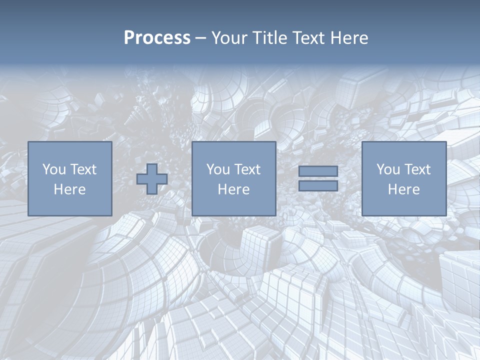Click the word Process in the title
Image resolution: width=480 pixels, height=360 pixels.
click(x=157, y=38)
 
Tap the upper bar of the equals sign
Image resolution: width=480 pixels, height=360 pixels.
click(x=318, y=171)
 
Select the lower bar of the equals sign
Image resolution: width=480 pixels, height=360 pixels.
click(x=318, y=185)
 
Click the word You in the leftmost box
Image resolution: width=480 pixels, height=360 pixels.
click(x=54, y=169)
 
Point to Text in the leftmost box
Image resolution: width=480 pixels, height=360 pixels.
click(x=82, y=169)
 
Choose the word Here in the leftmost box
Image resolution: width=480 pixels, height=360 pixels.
click(x=69, y=189)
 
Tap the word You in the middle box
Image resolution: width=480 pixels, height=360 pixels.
click(x=218, y=169)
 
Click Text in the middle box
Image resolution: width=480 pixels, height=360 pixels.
click(x=246, y=169)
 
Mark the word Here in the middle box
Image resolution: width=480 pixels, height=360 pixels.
click(x=233, y=189)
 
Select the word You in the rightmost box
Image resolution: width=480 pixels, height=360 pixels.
click(x=388, y=169)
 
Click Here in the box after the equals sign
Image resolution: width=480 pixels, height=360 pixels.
click(x=403, y=189)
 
